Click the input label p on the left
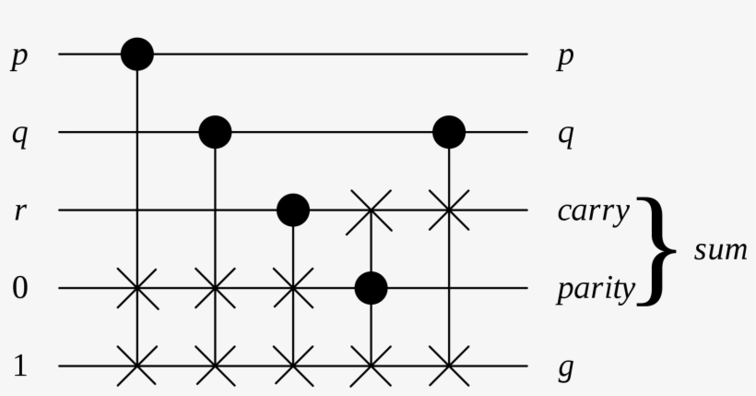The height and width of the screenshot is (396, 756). pos(19,58)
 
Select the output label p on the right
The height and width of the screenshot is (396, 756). pos(565,58)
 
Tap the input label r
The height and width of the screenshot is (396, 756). pos(19,211)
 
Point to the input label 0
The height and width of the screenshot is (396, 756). pos(19,288)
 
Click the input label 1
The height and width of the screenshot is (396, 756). pos(19,366)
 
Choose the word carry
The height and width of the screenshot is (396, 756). pos(594,213)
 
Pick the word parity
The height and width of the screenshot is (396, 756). pos(596,291)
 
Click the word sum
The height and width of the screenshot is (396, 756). pos(721,251)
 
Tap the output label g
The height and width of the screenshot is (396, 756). pos(565,369)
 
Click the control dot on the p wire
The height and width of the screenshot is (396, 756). pos(137,54)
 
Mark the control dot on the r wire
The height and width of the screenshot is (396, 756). pos(293,210)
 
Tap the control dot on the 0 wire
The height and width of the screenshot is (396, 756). pos(372,288)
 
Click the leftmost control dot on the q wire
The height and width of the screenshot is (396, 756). pos(216,132)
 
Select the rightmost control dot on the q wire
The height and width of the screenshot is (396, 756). pos(449,132)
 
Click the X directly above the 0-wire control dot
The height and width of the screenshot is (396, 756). pos(370,211)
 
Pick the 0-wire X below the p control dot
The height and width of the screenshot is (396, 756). pos(137,288)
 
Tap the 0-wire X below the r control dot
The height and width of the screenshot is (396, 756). pos(293,288)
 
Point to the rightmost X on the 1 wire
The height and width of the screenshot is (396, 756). pos(449,366)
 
